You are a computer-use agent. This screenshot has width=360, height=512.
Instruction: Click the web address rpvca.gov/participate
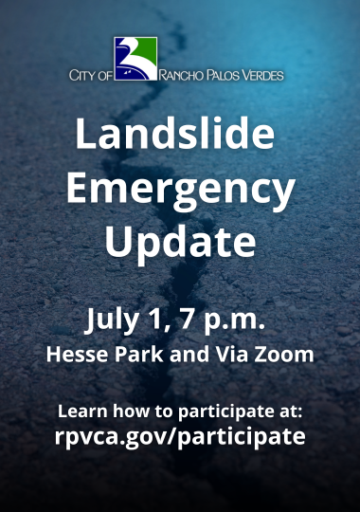(180, 437)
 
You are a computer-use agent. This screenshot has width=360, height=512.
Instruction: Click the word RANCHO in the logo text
(184, 75)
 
